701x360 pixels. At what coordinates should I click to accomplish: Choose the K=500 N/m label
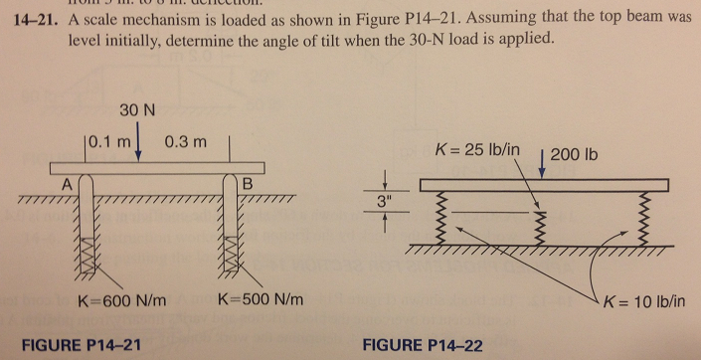[254, 299]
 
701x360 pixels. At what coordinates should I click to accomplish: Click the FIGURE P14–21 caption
[88, 344]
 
